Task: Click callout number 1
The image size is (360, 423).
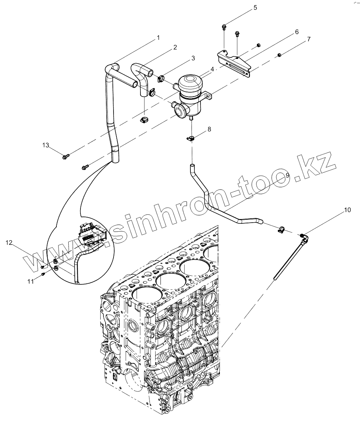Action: pos(158,37)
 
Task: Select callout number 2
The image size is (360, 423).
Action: pos(175,47)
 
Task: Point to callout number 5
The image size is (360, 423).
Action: pos(255,7)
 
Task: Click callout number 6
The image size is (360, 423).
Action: pos(297,32)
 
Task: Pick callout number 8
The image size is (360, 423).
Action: pos(209,129)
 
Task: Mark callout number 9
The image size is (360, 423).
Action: pos(287,175)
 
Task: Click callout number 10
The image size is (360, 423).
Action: pos(347,210)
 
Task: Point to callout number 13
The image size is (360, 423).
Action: pos(46,145)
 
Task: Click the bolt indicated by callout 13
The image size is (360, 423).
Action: pos(66,157)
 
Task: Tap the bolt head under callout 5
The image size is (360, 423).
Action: pos(224,26)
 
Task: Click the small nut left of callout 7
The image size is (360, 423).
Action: pos(279,55)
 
